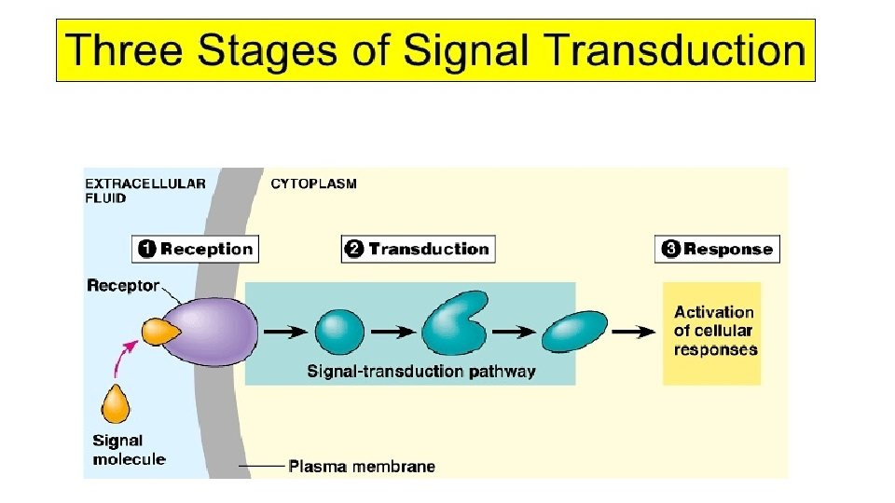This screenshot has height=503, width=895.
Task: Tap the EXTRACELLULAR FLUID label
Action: coord(145,190)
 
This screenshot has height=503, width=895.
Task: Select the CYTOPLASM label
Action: coord(313,184)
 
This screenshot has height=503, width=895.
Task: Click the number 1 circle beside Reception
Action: coord(147,249)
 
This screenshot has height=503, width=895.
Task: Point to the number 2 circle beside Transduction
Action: coord(355,249)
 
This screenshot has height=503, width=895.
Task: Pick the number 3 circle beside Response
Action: coord(670,249)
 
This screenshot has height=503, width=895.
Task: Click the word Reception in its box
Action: coord(206,249)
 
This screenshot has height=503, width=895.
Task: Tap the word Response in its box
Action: coord(728,249)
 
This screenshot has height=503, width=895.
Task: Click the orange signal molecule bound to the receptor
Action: coord(159,331)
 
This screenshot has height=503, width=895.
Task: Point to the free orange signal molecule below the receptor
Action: coord(117,405)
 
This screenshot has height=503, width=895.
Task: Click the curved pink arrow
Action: coord(124,357)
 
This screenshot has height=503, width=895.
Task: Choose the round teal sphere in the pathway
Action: coord(339,331)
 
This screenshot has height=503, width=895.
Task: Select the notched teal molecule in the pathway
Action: coord(452,326)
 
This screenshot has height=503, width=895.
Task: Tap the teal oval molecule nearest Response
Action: coord(573,331)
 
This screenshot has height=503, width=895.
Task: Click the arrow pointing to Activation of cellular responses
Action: coord(633,331)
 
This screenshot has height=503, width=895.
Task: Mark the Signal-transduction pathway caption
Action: coord(421,372)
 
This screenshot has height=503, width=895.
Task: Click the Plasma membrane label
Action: coord(361,466)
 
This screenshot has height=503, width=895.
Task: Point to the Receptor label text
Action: coord(123,285)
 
